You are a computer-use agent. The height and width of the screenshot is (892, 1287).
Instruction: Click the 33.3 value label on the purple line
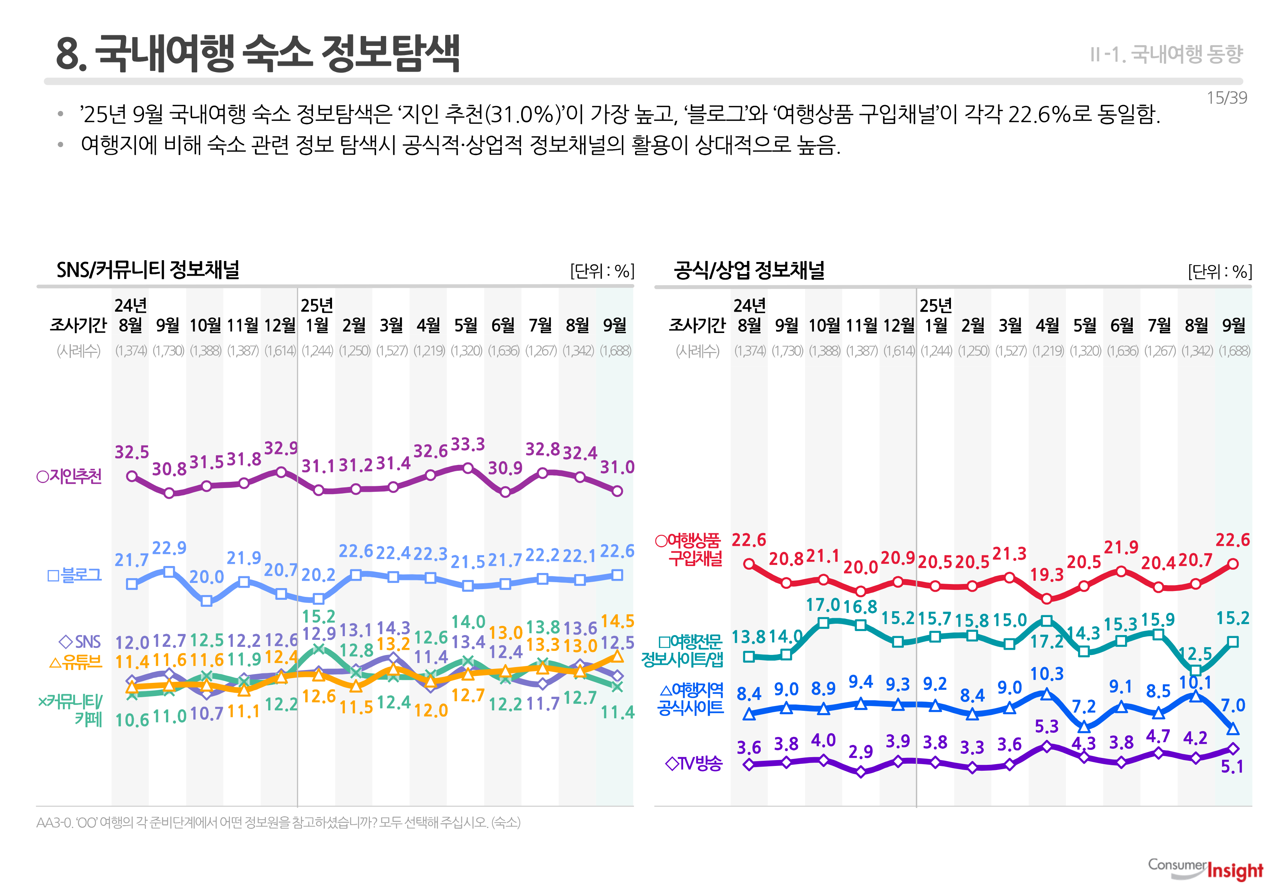(x=468, y=444)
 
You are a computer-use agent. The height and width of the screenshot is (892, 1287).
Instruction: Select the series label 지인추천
(x=69, y=476)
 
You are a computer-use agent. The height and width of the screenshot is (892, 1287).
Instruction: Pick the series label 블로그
(x=75, y=575)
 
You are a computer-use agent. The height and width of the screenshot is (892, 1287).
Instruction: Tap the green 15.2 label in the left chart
(x=318, y=616)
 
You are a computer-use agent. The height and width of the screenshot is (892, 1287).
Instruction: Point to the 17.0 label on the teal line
(x=822, y=604)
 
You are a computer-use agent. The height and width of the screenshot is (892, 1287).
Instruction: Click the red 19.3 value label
(x=1046, y=574)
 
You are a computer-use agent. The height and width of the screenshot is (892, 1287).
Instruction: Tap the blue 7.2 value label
(x=1084, y=706)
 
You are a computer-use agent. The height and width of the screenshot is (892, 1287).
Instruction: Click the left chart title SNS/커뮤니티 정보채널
(x=148, y=269)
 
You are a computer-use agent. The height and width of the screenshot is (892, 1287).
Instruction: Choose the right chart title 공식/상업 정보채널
(x=749, y=270)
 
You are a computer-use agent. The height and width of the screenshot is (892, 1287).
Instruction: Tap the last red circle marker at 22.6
(x=1233, y=564)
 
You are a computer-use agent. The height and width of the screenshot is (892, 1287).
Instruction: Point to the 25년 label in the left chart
(x=317, y=305)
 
